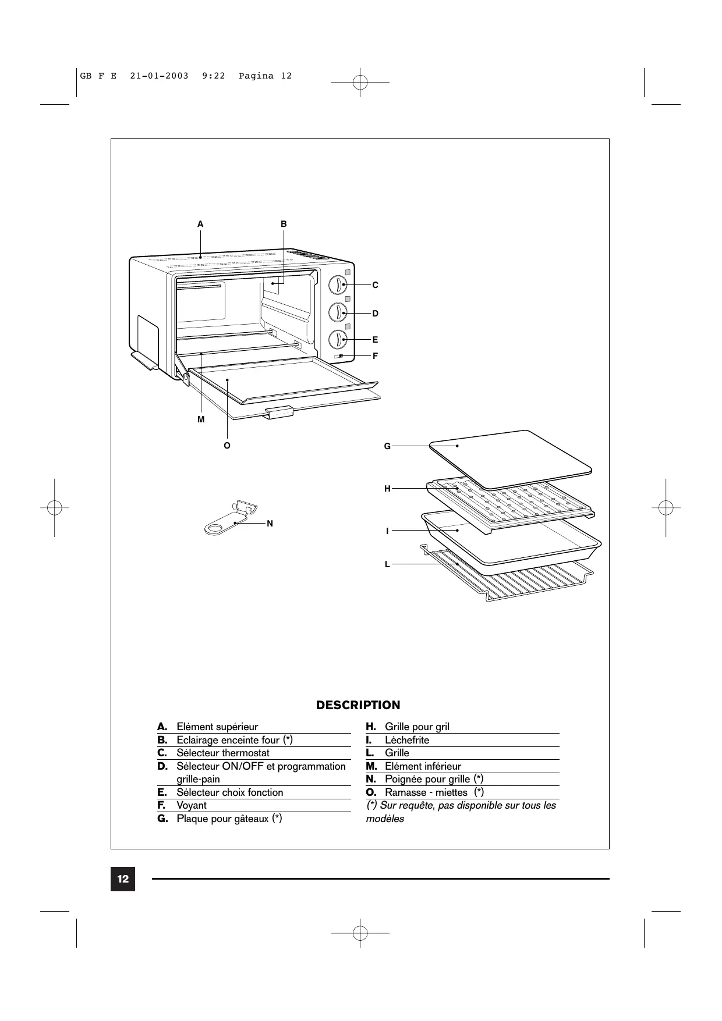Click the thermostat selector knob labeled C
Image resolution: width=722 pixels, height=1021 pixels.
[338, 285]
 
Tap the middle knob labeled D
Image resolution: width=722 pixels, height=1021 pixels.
[338, 312]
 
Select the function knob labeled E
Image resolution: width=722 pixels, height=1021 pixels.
[338, 339]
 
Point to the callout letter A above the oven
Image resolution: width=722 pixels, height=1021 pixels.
[200, 224]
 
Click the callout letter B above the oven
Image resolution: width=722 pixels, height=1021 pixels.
[284, 224]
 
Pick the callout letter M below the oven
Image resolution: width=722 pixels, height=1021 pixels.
[201, 419]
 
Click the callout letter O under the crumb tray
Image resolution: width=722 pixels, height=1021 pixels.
[227, 446]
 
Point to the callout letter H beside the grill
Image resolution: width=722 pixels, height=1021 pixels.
[387, 489]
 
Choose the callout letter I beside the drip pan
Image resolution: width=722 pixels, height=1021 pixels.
[387, 531]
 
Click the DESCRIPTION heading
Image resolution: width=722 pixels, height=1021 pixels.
[358, 705]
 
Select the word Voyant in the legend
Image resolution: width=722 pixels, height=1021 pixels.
[192, 806]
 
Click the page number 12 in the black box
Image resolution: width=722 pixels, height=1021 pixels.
[123, 879]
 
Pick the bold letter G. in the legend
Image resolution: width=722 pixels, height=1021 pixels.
[162, 819]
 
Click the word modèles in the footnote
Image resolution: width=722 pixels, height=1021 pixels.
[385, 819]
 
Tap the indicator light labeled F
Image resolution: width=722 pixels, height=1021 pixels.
[339, 356]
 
